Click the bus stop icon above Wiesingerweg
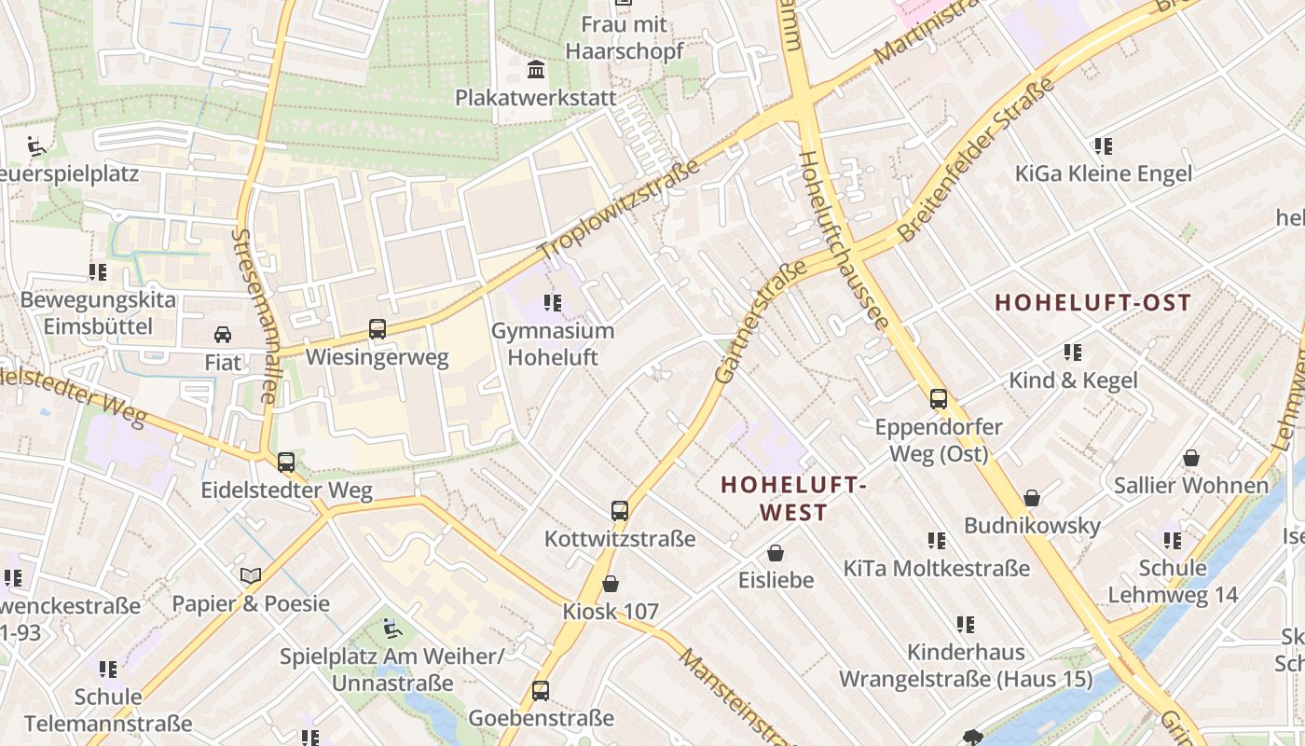[x=378, y=328]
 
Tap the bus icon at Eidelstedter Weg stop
[x=286, y=462]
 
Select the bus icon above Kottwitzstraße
[x=620, y=510]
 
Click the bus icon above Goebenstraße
[x=541, y=691]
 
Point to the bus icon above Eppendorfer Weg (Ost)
[x=939, y=399]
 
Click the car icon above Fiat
[x=223, y=334]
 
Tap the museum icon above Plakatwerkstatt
[x=536, y=69]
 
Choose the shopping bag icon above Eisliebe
[x=776, y=553]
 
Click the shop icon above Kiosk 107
[x=611, y=584]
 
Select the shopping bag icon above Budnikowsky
[x=1032, y=498]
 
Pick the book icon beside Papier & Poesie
[x=250, y=575]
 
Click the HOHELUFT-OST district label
[x=1093, y=302]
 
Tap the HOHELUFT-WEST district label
[x=794, y=498]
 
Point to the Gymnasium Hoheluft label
[x=553, y=344]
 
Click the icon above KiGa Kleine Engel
[x=1104, y=145]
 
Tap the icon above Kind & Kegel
[x=1073, y=352]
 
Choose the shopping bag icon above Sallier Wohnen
[x=1191, y=458]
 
